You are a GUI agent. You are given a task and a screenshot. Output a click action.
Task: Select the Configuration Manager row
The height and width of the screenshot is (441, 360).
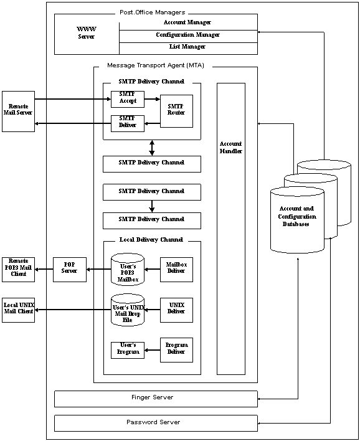tap(188, 35)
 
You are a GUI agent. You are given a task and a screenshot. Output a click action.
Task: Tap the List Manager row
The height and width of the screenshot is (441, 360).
tap(188, 47)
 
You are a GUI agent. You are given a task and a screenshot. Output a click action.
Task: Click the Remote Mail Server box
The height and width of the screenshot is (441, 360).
tap(18, 111)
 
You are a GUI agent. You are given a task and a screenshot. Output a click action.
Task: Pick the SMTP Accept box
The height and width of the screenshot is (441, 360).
tap(128, 98)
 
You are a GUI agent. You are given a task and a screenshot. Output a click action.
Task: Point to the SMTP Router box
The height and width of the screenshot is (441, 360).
tap(176, 110)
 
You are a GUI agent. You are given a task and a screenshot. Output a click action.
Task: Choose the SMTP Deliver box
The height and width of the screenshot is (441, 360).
tap(128, 123)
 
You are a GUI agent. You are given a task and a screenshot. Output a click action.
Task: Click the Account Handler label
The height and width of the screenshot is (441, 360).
tap(230, 146)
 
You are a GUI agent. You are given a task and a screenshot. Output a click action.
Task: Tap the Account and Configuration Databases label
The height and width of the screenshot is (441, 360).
tap(297, 216)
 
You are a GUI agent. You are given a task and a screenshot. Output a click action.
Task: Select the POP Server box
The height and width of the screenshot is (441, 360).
tap(70, 268)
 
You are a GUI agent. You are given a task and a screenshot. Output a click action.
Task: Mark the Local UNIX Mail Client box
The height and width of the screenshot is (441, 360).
tap(18, 310)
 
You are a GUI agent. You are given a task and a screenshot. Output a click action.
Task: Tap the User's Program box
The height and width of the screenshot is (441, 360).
tap(128, 350)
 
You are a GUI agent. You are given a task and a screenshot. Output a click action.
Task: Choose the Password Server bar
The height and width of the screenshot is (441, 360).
tap(156, 423)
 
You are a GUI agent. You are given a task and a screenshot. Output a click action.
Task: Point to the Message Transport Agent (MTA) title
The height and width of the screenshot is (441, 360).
tap(160, 65)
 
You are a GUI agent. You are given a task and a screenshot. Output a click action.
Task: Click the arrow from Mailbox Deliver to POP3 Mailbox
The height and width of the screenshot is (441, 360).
tap(153, 269)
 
